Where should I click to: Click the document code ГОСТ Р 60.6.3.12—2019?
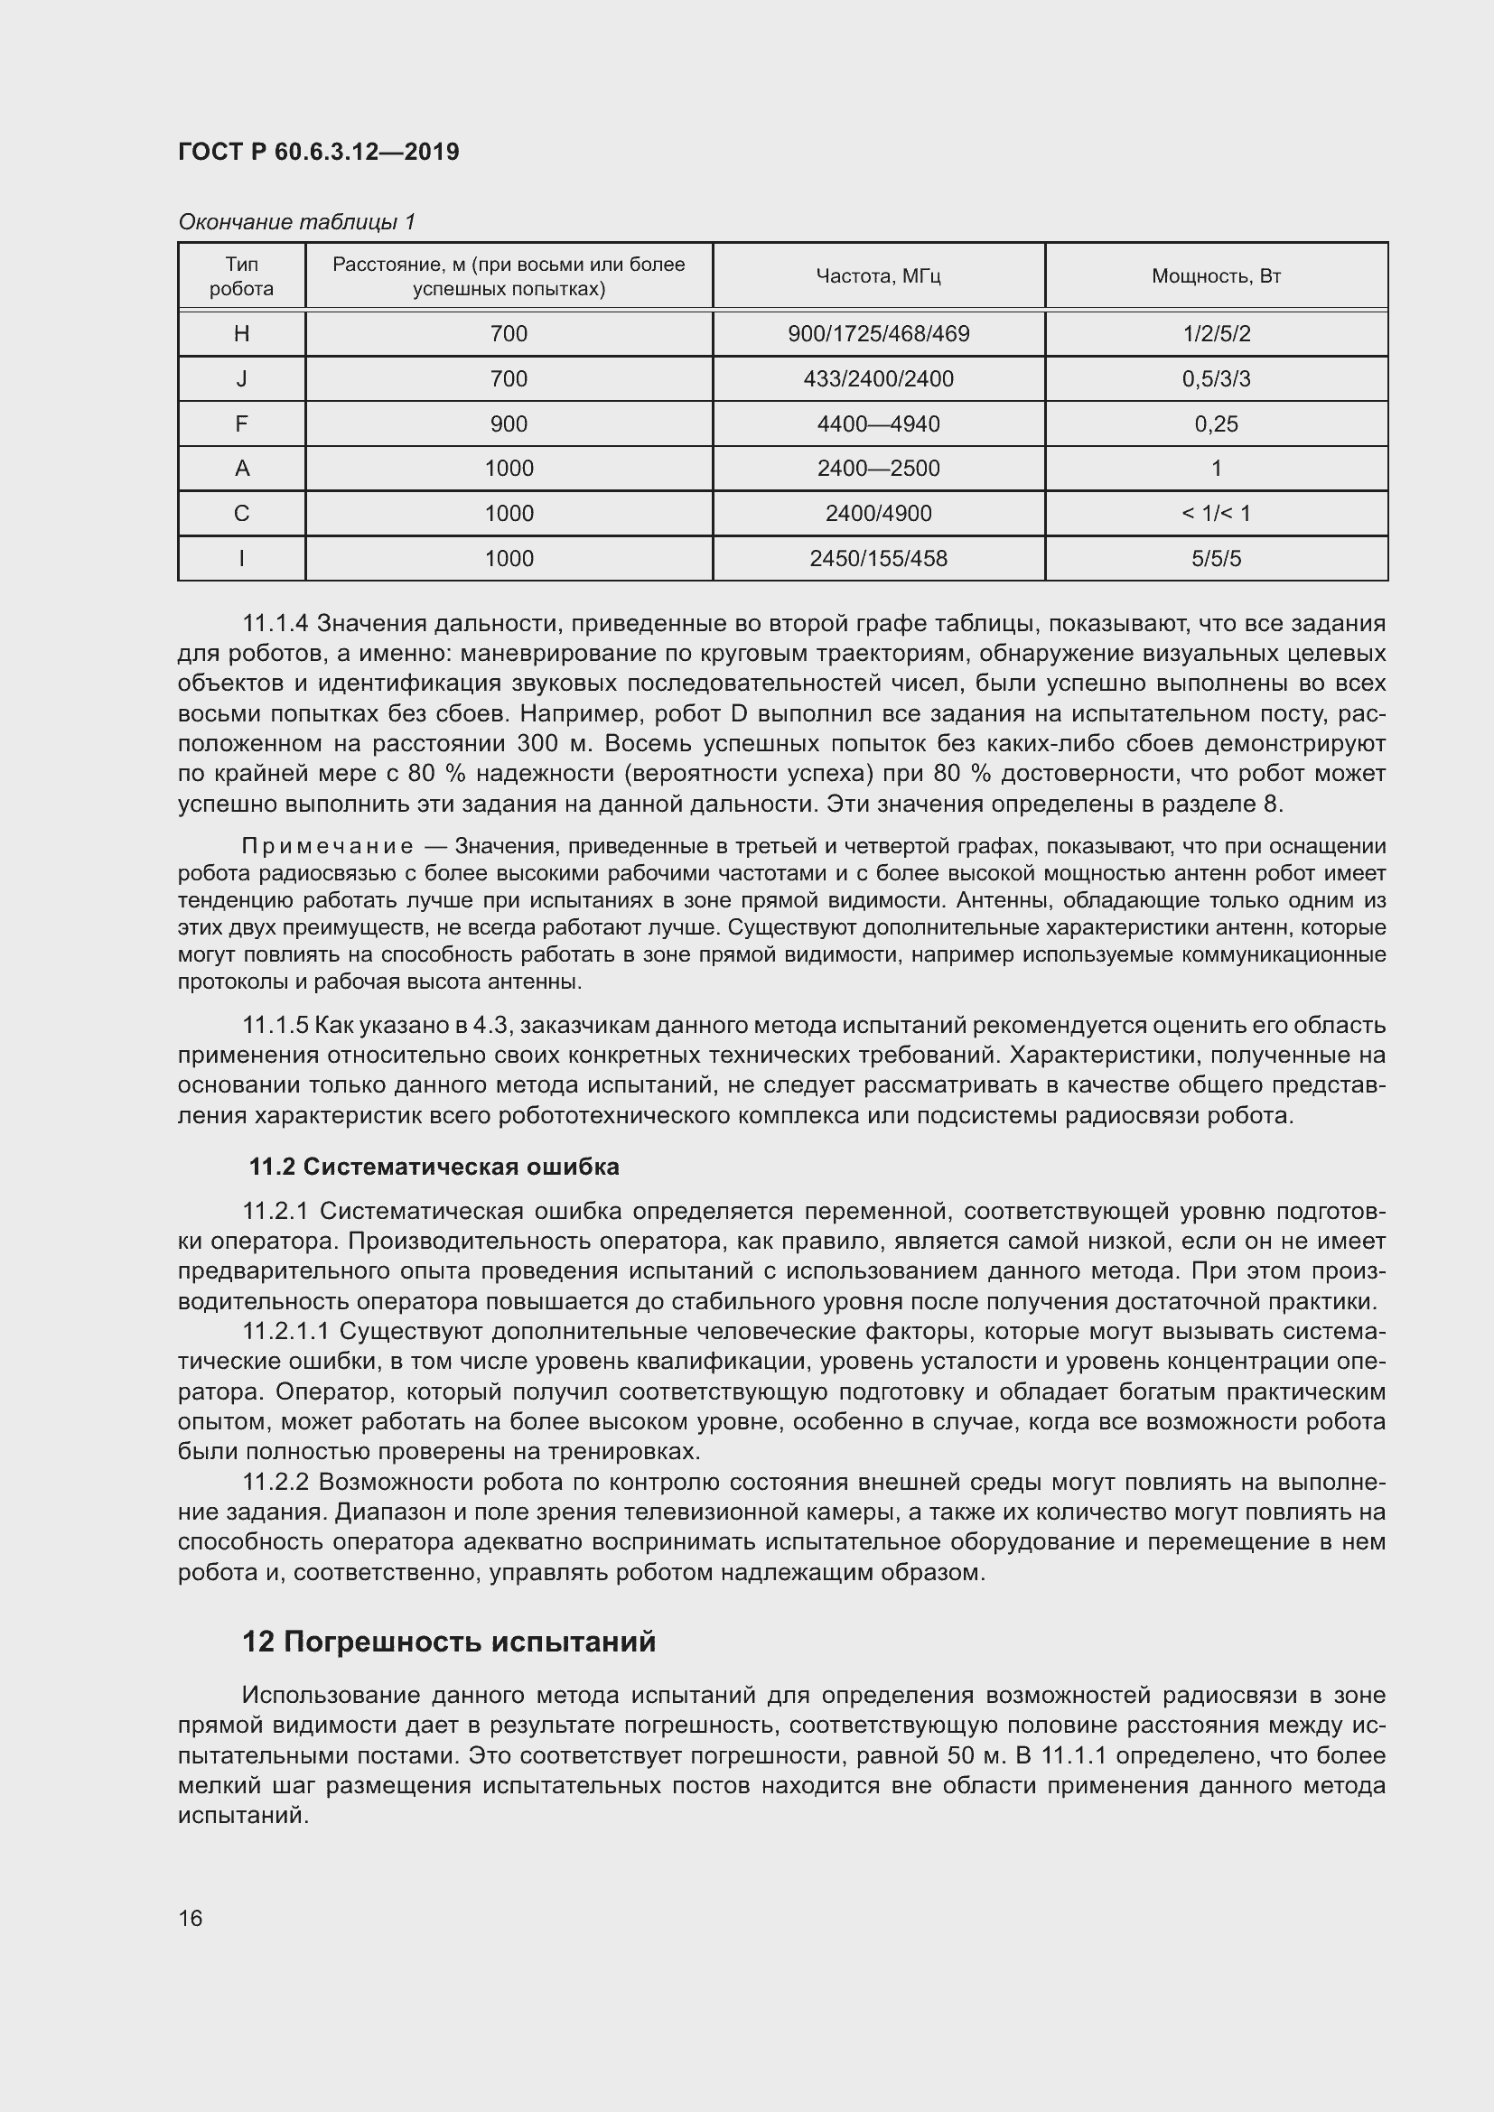pos(318,152)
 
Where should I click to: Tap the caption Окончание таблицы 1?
pos(296,222)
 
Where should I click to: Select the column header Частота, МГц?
pos(878,276)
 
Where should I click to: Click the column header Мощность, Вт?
pos(1215,276)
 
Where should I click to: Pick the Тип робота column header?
pos(241,276)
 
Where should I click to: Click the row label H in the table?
pos(241,334)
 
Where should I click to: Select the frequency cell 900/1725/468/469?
pos(878,334)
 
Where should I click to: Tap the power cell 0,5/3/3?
pos(1215,379)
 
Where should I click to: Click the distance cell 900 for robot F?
pos(509,424)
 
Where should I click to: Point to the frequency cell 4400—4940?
pos(878,424)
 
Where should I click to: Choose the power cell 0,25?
pos(1215,424)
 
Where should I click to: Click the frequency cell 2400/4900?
pos(878,513)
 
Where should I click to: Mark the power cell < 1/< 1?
pos(1215,513)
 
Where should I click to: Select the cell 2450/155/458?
pos(878,558)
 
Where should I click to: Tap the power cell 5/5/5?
pos(1215,558)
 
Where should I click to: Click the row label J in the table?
pos(241,379)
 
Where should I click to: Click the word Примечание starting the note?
pos(327,846)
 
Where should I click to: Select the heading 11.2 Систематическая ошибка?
pos(434,1167)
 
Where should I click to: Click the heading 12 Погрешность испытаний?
pos(449,1641)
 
